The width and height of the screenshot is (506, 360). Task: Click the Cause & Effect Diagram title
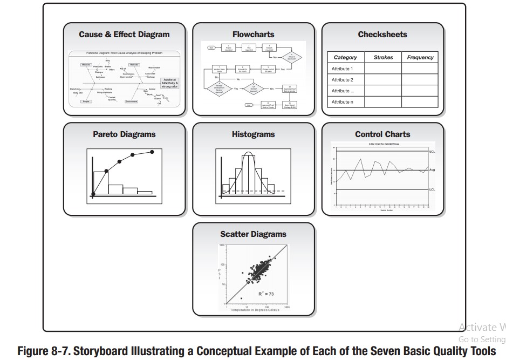coord(124,35)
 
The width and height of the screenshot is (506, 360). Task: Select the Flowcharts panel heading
coord(253,35)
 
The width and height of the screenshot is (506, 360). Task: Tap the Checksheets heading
coord(382,35)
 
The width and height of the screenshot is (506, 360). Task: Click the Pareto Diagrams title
coord(124,134)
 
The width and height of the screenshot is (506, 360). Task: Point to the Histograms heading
coord(253,134)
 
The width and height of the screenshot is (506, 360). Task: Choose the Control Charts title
coord(382,134)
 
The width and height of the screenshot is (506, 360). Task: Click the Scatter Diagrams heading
coord(253,234)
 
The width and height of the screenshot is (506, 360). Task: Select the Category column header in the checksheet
coord(345,57)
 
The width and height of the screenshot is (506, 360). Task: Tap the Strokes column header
coord(383,57)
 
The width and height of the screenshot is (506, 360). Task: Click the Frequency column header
coord(420,57)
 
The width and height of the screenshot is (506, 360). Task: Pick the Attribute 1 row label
coord(342,69)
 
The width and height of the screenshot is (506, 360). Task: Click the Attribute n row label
coord(342,101)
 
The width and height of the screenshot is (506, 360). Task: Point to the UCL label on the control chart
coord(432,152)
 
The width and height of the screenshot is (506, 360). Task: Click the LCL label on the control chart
coord(432,190)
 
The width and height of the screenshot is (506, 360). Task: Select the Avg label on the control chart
coord(432,170)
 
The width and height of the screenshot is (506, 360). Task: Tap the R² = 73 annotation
coord(265,294)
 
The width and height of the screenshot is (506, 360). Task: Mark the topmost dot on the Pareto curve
coord(152,152)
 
